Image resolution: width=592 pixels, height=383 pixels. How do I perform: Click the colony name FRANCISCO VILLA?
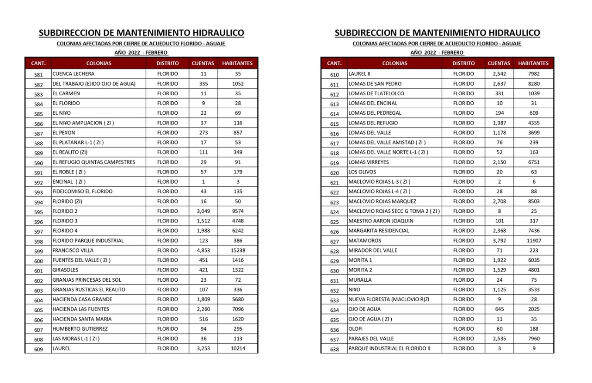tap(73, 250)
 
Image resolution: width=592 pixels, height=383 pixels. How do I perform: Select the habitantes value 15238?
tap(237, 250)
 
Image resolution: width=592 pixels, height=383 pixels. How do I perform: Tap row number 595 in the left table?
tap(38, 211)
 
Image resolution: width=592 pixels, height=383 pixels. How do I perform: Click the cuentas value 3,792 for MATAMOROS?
tap(499, 241)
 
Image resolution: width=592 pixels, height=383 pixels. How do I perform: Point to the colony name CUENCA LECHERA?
tap(74, 74)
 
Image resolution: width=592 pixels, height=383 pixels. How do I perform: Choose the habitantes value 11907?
tap(533, 241)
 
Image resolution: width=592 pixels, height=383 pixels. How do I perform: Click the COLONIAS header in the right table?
tap(395, 63)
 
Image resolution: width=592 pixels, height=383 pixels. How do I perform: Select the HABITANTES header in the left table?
tap(237, 63)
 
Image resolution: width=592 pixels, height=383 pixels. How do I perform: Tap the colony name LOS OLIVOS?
tap(362, 172)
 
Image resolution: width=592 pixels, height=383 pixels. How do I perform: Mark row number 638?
tap(334, 349)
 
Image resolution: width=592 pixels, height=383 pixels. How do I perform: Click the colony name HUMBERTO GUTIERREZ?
tap(80, 329)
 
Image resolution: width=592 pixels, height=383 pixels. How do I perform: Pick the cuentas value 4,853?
tap(203, 250)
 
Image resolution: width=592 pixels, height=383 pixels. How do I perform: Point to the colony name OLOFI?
tap(356, 329)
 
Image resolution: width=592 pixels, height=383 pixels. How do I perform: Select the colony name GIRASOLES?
tap(65, 270)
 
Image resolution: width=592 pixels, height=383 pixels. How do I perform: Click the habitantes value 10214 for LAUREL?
tap(237, 348)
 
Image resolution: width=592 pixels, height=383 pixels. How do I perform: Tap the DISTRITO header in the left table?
tap(167, 63)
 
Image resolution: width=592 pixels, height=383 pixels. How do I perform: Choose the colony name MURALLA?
tap(360, 280)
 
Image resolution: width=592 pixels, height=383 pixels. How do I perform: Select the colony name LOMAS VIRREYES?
tap(369, 162)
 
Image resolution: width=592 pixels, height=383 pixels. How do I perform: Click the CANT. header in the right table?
tap(334, 63)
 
